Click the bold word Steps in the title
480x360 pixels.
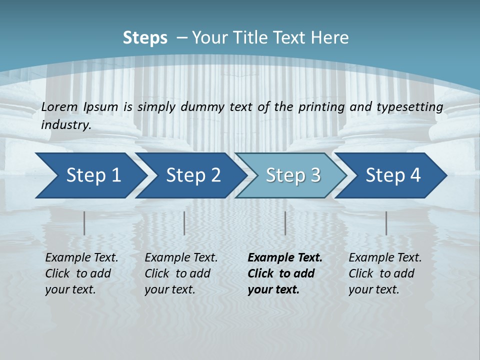tap(145, 38)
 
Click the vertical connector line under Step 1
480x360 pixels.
tap(84, 223)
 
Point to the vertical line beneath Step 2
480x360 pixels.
tap(184, 223)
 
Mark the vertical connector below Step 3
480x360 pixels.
tap(285, 223)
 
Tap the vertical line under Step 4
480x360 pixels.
tap(386, 223)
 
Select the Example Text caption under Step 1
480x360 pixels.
tap(81, 273)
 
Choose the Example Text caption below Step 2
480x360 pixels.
tap(181, 273)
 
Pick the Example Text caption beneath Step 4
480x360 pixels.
tap(385, 273)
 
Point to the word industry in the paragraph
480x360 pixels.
tap(66, 125)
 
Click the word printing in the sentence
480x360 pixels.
tap(324, 107)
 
